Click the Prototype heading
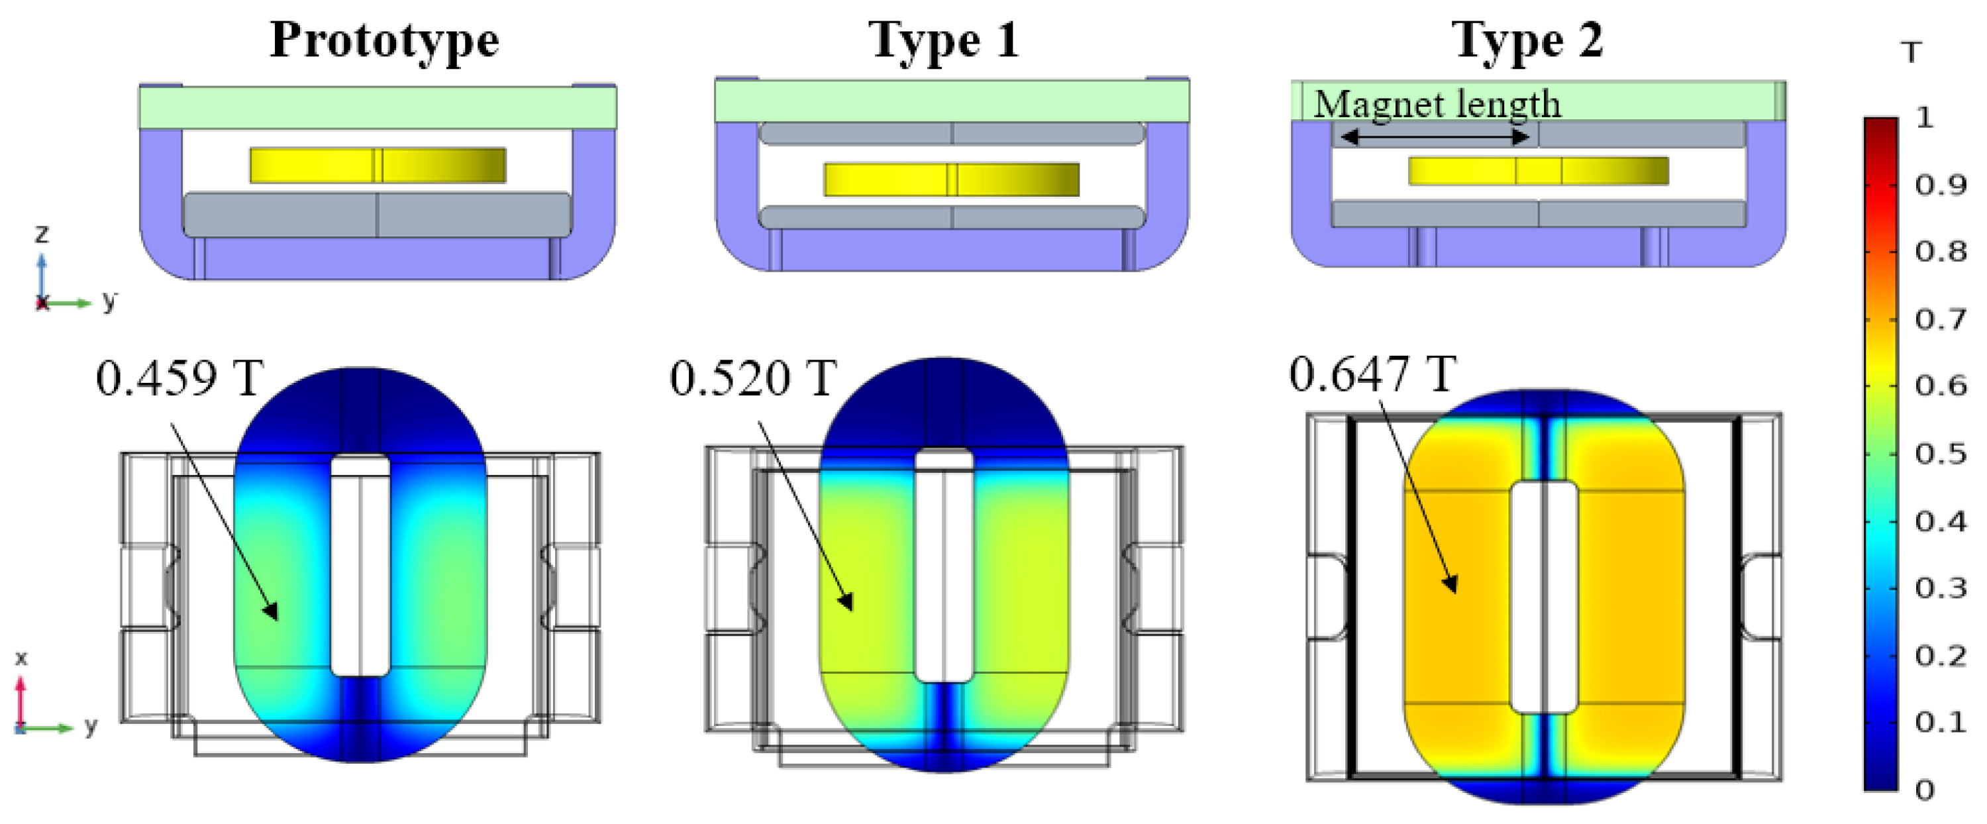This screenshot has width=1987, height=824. click(384, 40)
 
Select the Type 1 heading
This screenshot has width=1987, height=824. click(944, 40)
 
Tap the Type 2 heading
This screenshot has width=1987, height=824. click(1527, 40)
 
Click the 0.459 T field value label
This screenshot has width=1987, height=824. click(179, 378)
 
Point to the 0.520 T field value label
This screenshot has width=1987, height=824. click(753, 378)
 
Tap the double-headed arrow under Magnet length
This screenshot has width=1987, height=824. click(1435, 137)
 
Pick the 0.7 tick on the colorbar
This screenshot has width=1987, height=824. click(1941, 319)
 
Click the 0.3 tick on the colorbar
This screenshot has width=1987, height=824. click(1941, 588)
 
